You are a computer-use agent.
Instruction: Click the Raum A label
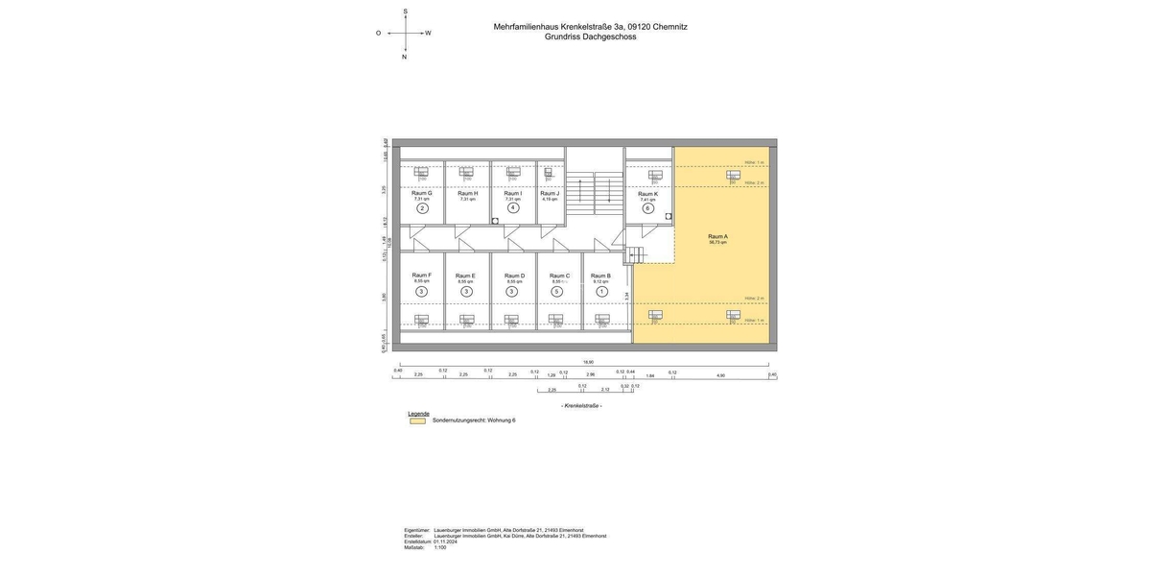coord(717,236)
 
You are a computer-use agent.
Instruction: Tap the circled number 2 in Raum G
coord(422,208)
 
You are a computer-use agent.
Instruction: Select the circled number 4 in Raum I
coord(513,208)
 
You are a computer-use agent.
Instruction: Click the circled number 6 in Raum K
coord(648,208)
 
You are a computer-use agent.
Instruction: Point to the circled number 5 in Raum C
coord(556,292)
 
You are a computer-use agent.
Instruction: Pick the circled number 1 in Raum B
coord(602,292)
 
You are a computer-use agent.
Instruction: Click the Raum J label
coord(550,193)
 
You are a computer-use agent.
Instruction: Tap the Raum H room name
coord(467,193)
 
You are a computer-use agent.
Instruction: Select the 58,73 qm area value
coord(717,243)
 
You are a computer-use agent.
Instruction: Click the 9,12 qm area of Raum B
coord(601,281)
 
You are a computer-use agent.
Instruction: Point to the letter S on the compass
coord(405,12)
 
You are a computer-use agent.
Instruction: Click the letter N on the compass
coord(404,57)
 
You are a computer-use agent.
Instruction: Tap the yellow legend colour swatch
coord(417,420)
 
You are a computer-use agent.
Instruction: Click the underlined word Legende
coord(418,413)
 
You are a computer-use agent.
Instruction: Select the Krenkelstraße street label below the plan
coord(581,405)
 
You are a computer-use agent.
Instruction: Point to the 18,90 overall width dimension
coord(588,362)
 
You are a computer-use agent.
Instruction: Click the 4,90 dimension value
coord(720,375)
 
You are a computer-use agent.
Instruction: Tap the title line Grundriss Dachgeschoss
coord(590,36)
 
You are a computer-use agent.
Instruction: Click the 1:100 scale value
coord(439,547)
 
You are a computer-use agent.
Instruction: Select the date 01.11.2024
coord(445,541)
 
